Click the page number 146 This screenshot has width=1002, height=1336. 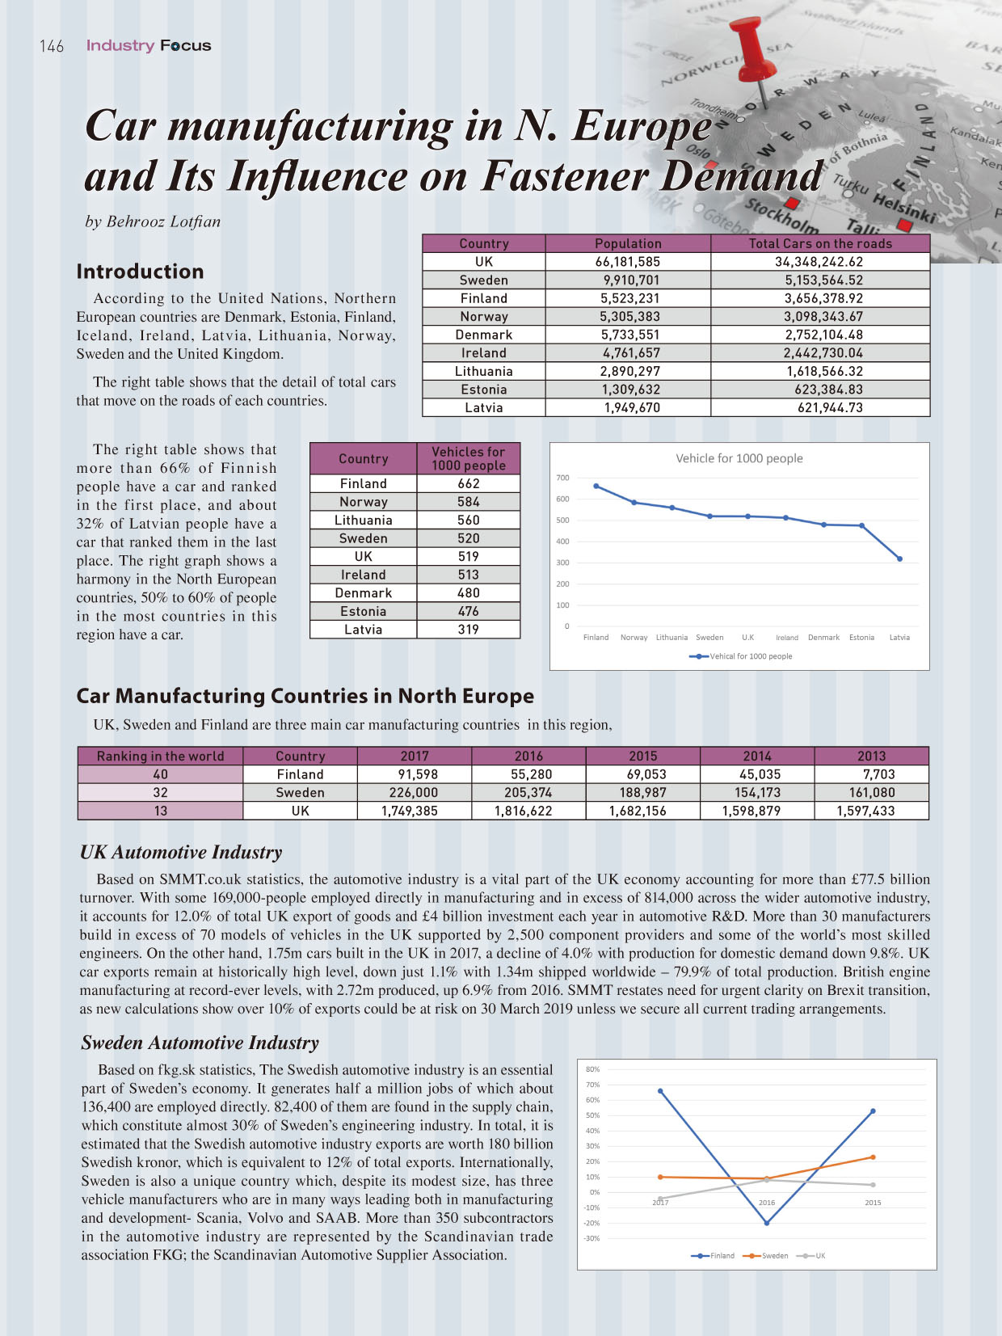pos(52,46)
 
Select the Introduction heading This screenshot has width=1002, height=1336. pos(140,272)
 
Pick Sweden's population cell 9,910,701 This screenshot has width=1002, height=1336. pos(629,280)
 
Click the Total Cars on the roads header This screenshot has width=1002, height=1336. pos(820,243)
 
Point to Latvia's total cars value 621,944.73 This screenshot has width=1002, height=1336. pos(830,408)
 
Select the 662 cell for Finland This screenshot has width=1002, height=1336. pos(469,483)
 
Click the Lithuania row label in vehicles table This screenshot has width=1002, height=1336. pos(363,520)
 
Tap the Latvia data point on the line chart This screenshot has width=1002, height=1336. pos(900,558)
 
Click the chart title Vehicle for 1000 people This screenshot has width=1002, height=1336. pos(739,458)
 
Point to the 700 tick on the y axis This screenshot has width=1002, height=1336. pos(562,478)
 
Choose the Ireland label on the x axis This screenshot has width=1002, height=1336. pos(786,637)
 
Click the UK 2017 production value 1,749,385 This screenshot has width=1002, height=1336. pos(410,811)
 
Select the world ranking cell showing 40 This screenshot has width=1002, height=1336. pos(160,774)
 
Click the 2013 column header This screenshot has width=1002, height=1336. pos(871,756)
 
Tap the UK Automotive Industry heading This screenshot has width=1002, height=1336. pos(181,852)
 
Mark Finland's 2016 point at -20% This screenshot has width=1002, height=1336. pos(767,1223)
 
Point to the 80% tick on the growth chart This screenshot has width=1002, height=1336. pos(592,1068)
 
